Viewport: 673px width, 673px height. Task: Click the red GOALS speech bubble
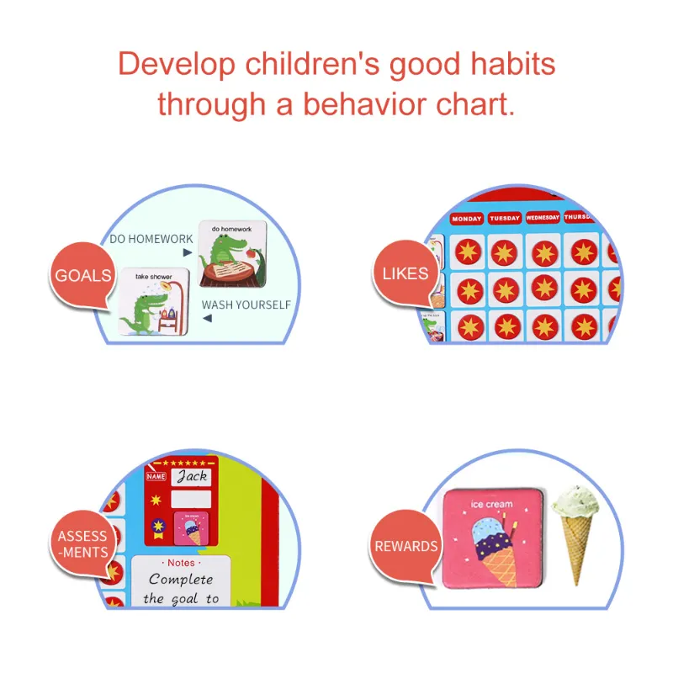82,276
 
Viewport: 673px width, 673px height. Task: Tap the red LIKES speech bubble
405,273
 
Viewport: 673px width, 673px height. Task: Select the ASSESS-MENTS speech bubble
82,543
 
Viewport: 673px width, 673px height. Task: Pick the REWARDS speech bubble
405,547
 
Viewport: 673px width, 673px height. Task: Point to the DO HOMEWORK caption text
151,239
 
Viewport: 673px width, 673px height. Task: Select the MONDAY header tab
467,219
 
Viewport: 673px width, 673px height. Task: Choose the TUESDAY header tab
505,218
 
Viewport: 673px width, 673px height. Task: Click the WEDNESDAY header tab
543,217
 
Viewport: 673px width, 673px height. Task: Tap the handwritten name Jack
191,476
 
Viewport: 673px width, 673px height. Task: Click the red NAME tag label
156,477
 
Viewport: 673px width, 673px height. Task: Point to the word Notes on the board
181,563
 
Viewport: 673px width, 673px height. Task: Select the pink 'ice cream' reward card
492,538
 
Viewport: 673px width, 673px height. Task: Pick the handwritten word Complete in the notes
181,580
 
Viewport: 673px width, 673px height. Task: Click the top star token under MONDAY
469,251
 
